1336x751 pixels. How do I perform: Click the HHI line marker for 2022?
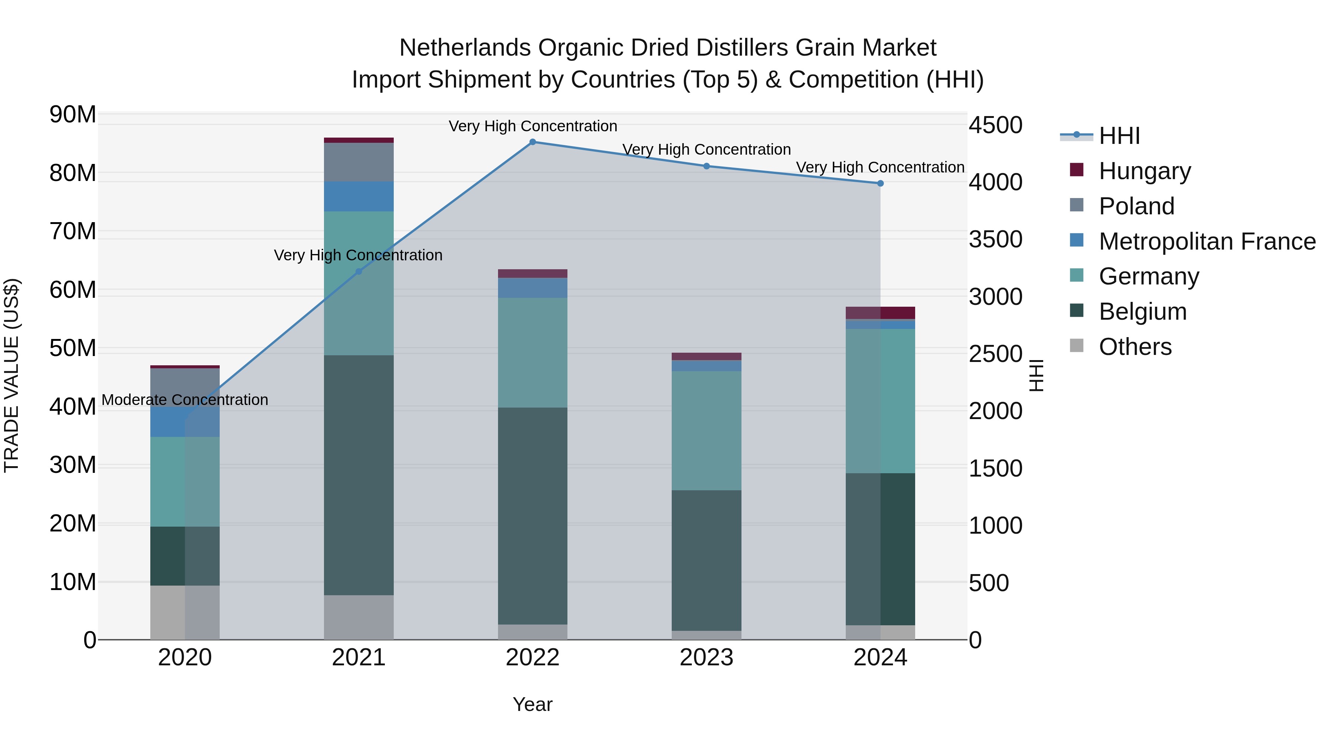pos(532,142)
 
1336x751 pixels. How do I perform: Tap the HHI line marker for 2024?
pos(880,184)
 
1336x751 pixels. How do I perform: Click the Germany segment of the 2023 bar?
pos(706,430)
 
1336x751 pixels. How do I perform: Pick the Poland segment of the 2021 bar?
pos(358,162)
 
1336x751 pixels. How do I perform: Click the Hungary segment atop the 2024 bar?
pos(880,313)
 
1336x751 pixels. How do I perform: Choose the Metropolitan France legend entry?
pos(1207,241)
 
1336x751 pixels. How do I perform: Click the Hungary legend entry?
pos(1145,171)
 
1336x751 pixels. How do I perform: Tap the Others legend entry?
pos(1135,347)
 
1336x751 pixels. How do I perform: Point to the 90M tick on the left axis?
pos(73,115)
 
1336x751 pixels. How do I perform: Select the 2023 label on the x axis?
pos(706,658)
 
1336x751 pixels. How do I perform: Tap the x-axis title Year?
pos(532,704)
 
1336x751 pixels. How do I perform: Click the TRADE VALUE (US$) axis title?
pos(12,375)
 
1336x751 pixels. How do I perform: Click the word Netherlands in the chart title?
pos(465,48)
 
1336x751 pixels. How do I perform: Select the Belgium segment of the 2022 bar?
pos(532,516)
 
